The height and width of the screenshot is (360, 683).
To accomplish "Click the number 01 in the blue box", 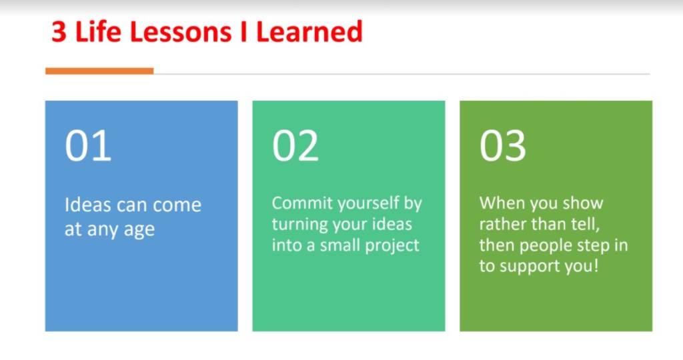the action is (88, 146).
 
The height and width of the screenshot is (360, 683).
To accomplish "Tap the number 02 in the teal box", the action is (295, 146).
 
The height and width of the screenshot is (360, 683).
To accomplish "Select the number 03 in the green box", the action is (503, 146).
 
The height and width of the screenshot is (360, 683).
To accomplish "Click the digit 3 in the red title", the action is (59, 32).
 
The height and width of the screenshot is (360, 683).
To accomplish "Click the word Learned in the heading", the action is (309, 32).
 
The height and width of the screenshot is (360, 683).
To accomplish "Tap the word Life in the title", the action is (98, 32).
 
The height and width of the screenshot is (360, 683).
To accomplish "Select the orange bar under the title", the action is (99, 71).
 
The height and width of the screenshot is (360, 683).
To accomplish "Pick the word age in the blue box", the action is (139, 230).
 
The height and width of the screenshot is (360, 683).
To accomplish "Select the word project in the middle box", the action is (392, 246).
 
